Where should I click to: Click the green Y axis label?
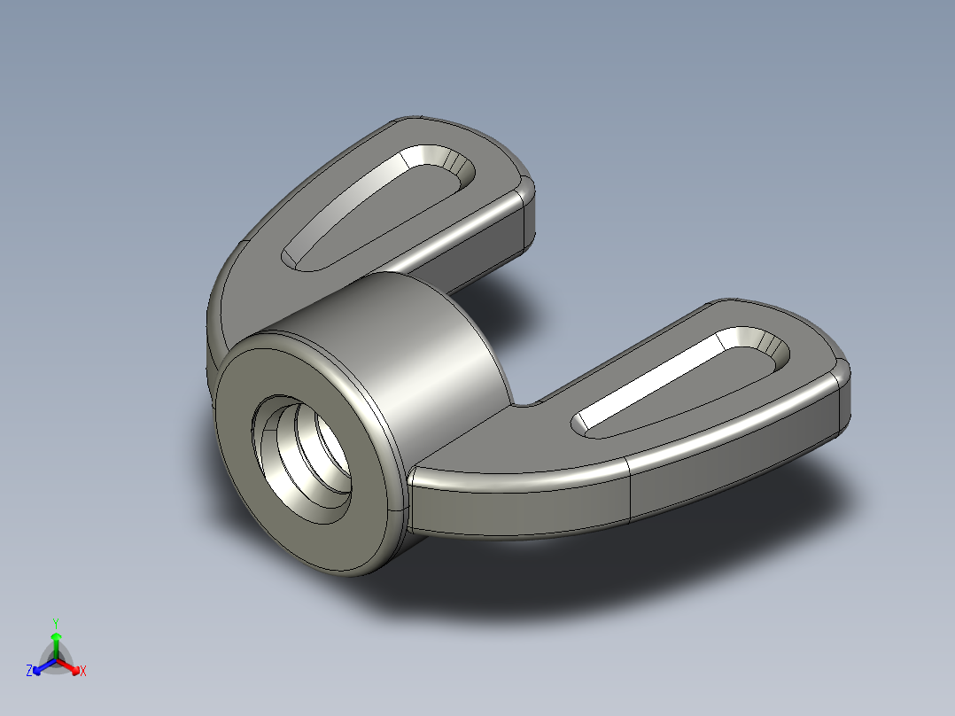click(56, 622)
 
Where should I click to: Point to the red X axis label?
click(82, 671)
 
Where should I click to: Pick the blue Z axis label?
click(29, 671)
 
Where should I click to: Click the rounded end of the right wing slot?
click(771, 350)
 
